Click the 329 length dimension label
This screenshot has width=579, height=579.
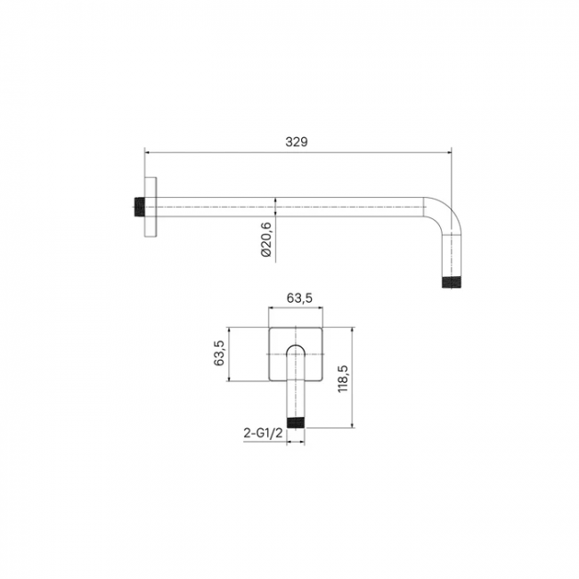296,142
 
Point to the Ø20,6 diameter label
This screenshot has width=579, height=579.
266,240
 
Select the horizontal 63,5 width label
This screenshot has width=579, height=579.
299,298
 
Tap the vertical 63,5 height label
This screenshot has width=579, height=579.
219,353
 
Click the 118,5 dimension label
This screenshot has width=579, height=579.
343,379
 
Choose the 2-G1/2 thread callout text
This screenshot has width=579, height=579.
264,432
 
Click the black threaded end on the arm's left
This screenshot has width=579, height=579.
139,208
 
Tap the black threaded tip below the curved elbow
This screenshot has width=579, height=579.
452,281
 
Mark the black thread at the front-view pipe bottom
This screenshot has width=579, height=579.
296,423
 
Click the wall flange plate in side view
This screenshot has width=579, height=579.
151,207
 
